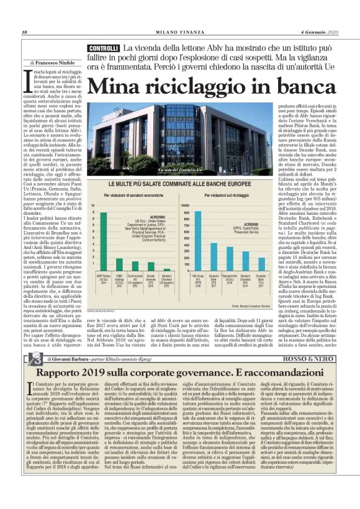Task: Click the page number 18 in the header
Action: coord(24,33)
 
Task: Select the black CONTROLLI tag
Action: coord(103,48)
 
